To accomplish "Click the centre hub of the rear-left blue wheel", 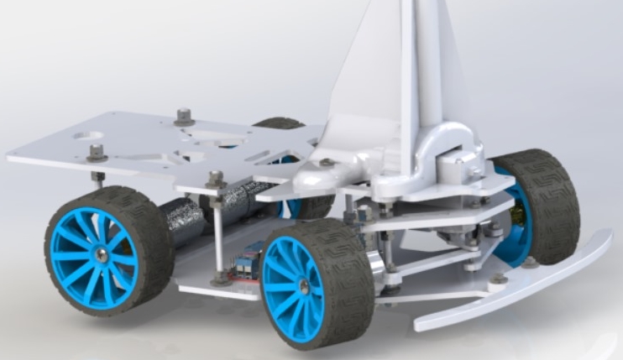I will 100,253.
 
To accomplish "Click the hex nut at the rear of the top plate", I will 184,115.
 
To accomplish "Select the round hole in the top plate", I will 87,135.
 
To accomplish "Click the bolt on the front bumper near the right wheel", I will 499,278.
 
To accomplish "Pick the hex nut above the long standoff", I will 215,178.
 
